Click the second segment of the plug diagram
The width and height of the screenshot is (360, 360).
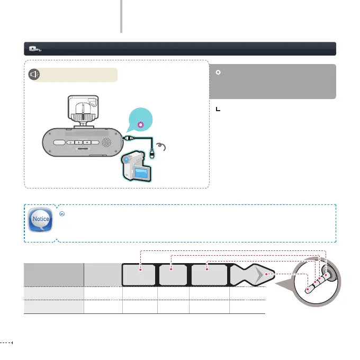(x=173, y=275)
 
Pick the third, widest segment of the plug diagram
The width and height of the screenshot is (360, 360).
(x=209, y=275)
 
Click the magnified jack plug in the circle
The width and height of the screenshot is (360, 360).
(x=317, y=281)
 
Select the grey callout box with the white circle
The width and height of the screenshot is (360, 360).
(x=273, y=81)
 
